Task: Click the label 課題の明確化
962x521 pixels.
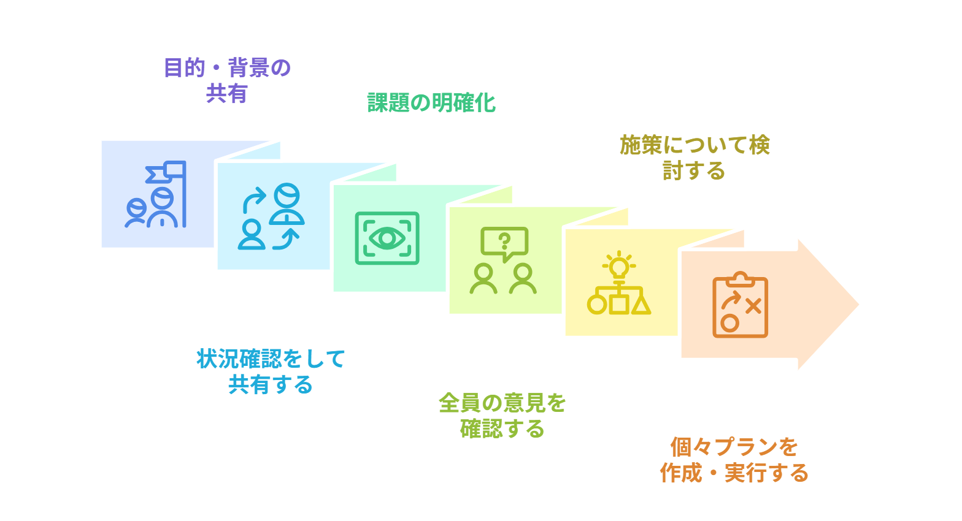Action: coord(432,102)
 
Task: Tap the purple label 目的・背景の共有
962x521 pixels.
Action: coord(227,80)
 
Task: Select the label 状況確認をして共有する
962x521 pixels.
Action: coord(271,371)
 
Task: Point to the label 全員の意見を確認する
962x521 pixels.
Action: coord(502,415)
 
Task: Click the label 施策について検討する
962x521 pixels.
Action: coord(695,158)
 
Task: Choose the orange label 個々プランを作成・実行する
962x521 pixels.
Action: coord(734,460)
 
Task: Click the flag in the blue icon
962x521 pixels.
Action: coord(166,172)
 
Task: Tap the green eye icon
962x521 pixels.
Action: coord(387,238)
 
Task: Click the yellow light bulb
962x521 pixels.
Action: coord(619,266)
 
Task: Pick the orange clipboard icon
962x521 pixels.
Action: coord(740,305)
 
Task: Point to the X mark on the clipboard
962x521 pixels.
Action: coord(753,306)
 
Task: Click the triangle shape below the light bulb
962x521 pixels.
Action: coord(641,305)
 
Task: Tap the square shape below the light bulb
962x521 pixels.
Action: coord(619,304)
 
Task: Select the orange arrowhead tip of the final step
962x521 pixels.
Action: coord(858,304)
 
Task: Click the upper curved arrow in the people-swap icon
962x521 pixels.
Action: coord(254,199)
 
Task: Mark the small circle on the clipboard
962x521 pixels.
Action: coord(729,323)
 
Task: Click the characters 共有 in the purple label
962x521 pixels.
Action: coord(227,93)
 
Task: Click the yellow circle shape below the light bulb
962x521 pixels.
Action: coord(597,305)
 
